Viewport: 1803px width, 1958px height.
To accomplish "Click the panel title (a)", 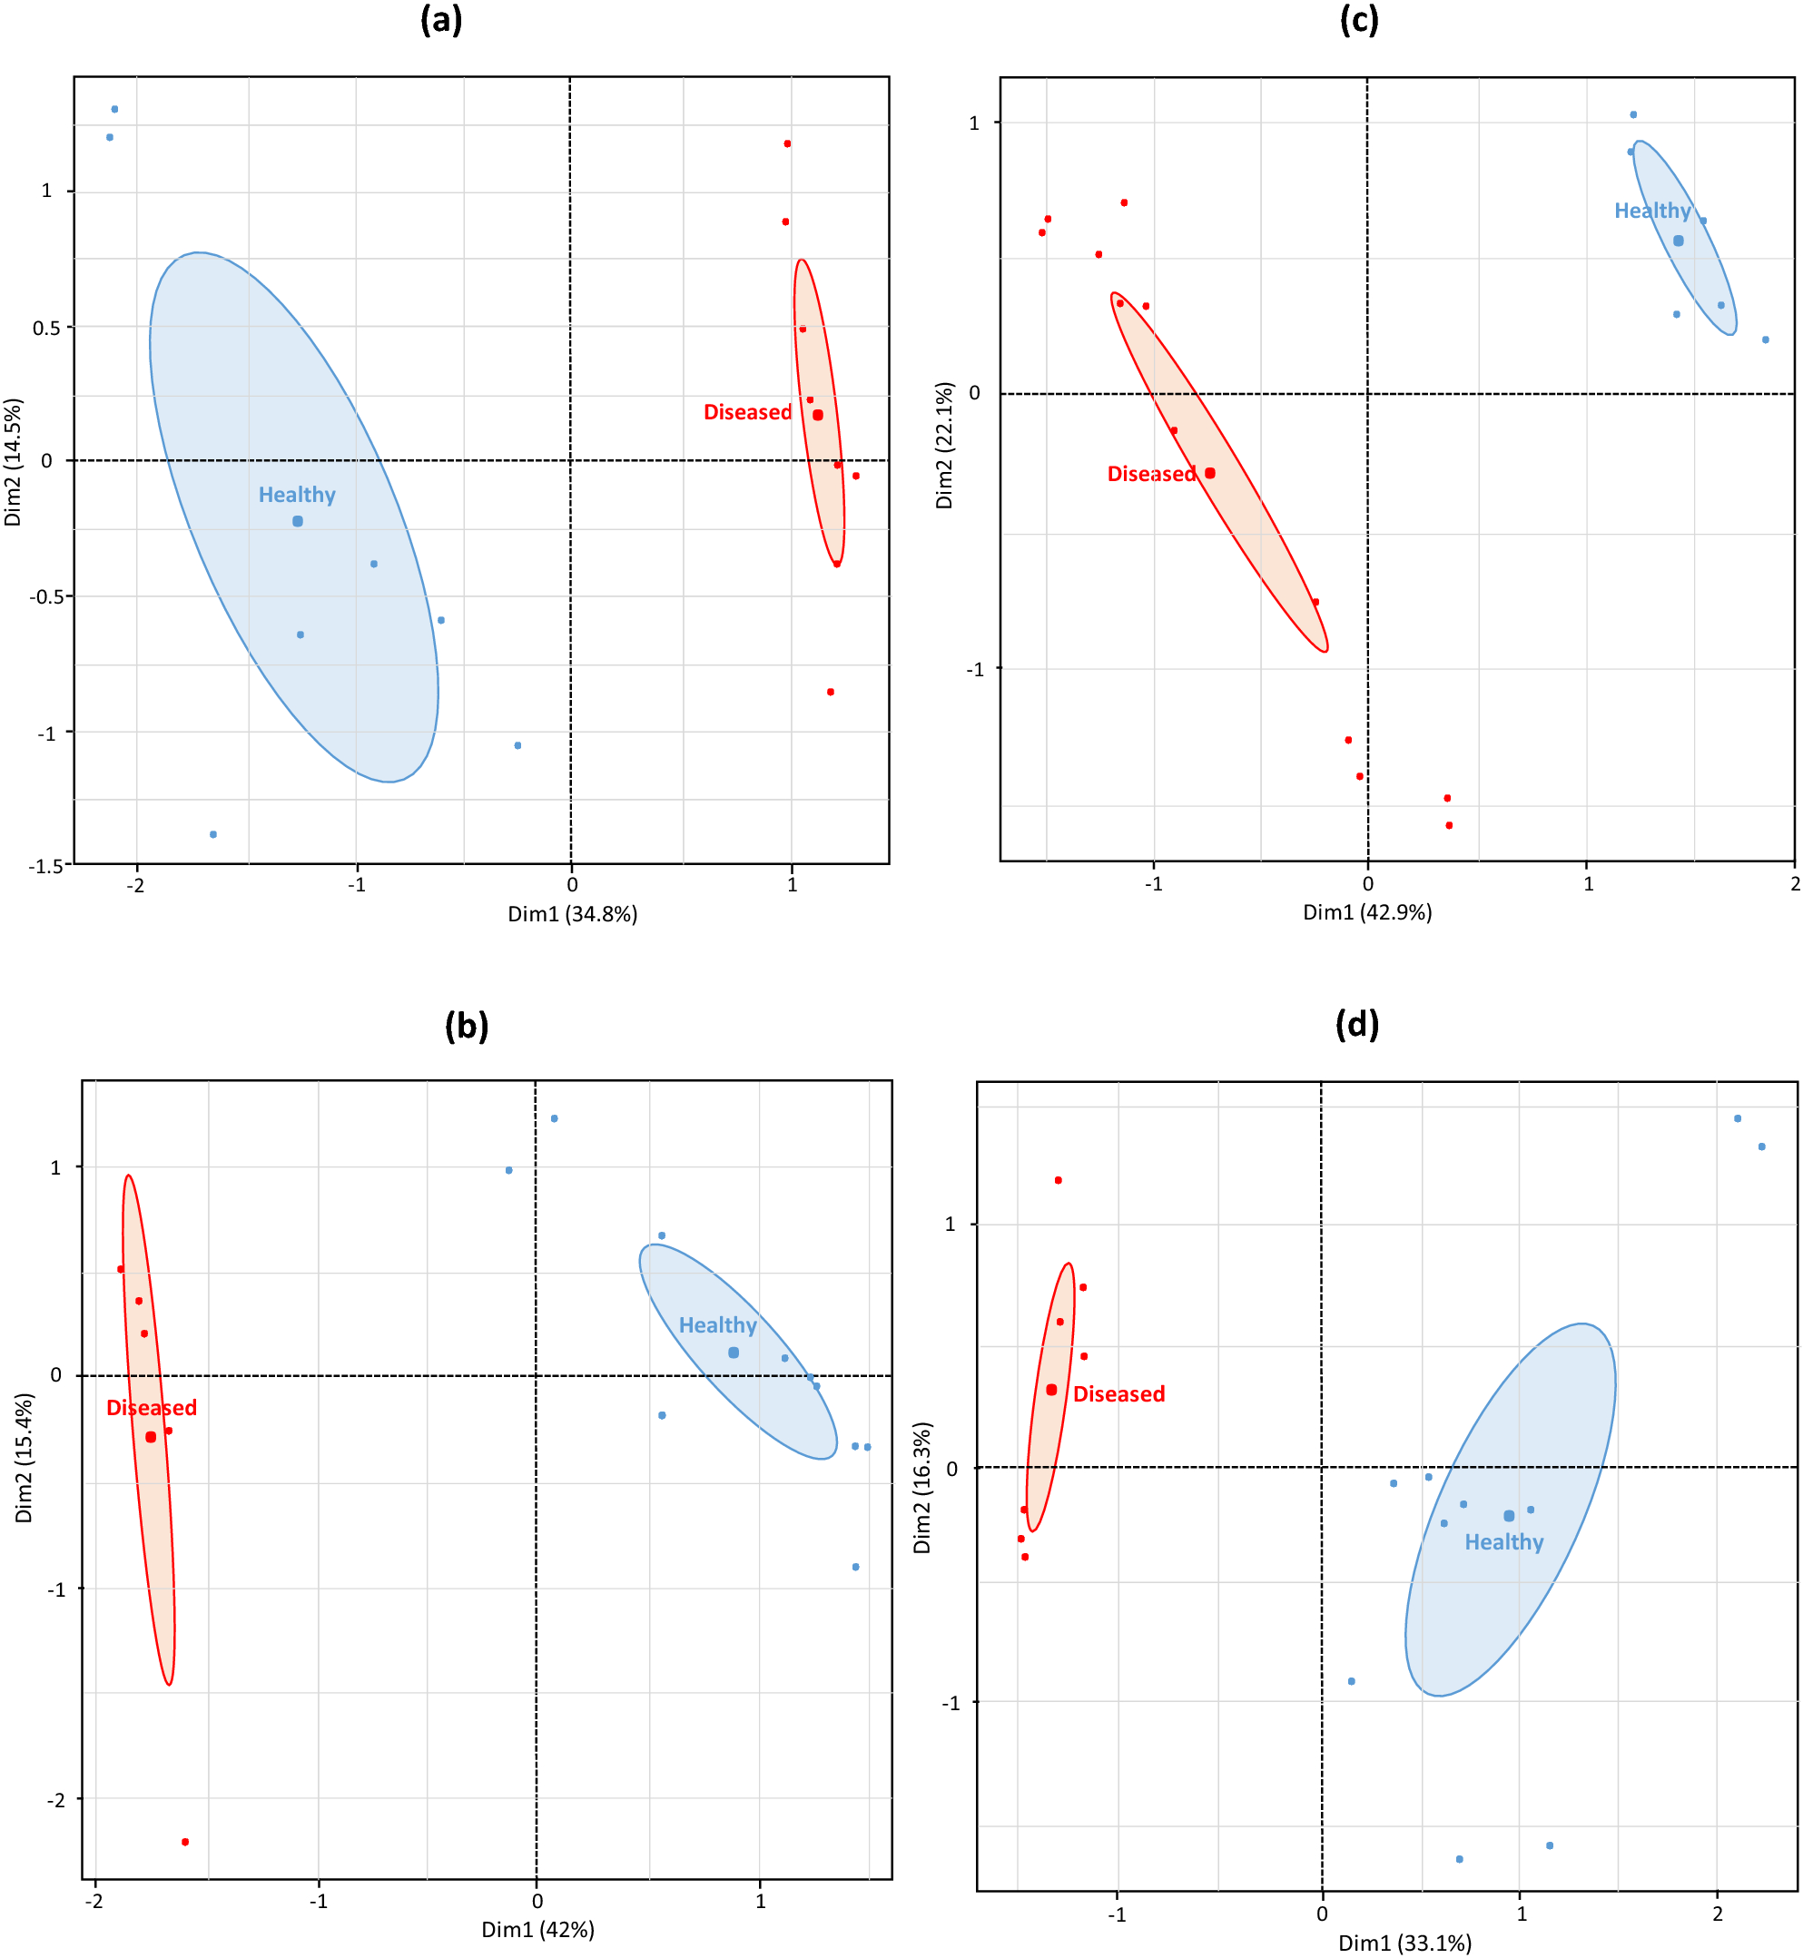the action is [441, 19].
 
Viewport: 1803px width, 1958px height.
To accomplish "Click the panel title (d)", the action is [1357, 1024].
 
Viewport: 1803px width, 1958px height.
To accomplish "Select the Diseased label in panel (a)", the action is [747, 413].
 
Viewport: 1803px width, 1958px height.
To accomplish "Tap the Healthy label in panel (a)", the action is [297, 496].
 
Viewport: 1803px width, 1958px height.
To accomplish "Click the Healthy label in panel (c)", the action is [1651, 212].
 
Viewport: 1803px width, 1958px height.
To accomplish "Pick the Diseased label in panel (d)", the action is [1119, 1395].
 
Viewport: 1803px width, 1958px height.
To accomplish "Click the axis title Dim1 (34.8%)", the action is [573, 915].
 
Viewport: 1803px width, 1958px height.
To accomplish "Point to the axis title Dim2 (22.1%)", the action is [943, 446].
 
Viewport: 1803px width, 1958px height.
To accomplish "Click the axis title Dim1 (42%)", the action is [537, 1930].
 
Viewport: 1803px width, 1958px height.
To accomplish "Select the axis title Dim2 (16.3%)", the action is [922, 1488].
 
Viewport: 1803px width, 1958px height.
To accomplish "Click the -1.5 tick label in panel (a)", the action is [46, 866].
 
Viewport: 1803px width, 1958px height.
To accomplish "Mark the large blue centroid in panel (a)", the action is [298, 522].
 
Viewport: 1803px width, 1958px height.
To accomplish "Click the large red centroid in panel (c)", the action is [1210, 473].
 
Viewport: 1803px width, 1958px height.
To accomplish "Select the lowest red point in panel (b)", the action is [185, 1842].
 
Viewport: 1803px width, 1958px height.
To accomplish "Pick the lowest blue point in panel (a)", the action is [212, 835].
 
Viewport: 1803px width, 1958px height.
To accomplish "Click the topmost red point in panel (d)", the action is [1058, 1180].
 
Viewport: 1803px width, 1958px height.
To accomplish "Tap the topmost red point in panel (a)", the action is [787, 144].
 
